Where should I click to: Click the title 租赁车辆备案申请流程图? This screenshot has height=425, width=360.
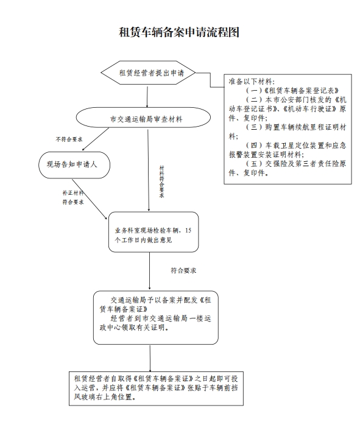point(179,32)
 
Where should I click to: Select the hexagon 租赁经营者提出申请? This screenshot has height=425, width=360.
point(148,72)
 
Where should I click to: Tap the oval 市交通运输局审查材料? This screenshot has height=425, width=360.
point(143,118)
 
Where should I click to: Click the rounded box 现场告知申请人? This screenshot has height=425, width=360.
point(74,165)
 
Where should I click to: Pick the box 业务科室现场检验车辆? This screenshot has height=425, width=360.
point(154,232)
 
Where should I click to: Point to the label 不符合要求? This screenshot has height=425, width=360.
point(69,139)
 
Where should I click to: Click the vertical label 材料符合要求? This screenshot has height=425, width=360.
point(161,181)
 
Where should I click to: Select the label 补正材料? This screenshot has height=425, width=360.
point(73,193)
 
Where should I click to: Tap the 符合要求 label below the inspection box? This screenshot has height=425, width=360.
point(183,270)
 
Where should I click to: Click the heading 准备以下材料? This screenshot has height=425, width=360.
point(252,82)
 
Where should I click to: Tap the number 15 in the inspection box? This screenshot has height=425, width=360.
point(188,231)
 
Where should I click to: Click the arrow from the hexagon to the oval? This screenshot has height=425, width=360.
point(147,97)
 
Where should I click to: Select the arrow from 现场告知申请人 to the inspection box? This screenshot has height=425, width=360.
point(90,199)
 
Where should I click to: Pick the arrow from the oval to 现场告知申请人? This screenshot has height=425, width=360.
point(96,139)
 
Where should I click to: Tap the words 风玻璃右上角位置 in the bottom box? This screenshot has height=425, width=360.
point(104,397)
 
